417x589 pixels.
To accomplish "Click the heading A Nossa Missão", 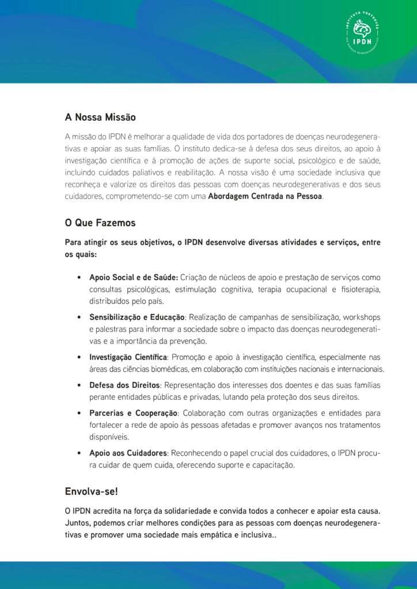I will point(100,117).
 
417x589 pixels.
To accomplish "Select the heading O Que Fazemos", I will point(100,223).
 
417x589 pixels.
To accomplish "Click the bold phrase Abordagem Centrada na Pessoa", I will point(266,196).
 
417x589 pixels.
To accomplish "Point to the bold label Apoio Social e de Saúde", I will point(134,277).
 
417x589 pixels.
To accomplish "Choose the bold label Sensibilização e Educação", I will point(137,318).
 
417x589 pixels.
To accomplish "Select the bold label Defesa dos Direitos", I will point(124,385).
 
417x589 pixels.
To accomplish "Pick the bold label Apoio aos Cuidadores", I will point(128,453).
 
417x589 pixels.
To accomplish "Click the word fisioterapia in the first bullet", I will point(359,289).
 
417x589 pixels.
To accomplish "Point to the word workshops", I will point(361,318).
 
